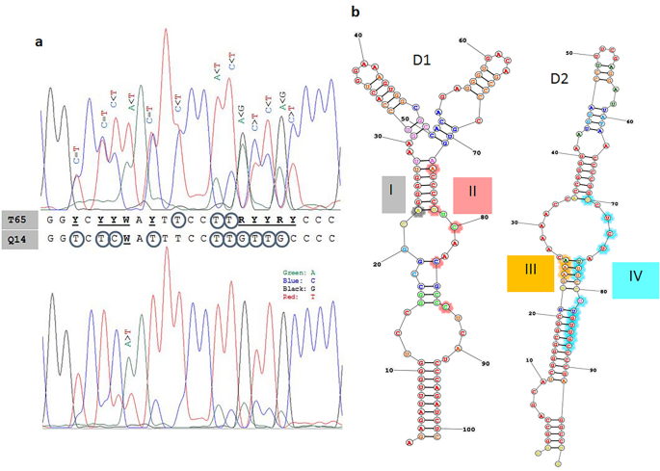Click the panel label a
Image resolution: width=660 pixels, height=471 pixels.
coord(39,41)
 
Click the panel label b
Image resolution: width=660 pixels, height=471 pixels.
coord(356,12)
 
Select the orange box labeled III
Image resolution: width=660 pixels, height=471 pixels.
coord(531,273)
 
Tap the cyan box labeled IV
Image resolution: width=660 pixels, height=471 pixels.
coord(635,275)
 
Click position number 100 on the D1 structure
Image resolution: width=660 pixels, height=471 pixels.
coord(468,430)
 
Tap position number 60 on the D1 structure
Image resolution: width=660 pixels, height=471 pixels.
coord(462,40)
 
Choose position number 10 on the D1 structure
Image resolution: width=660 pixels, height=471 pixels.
coord(384,369)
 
